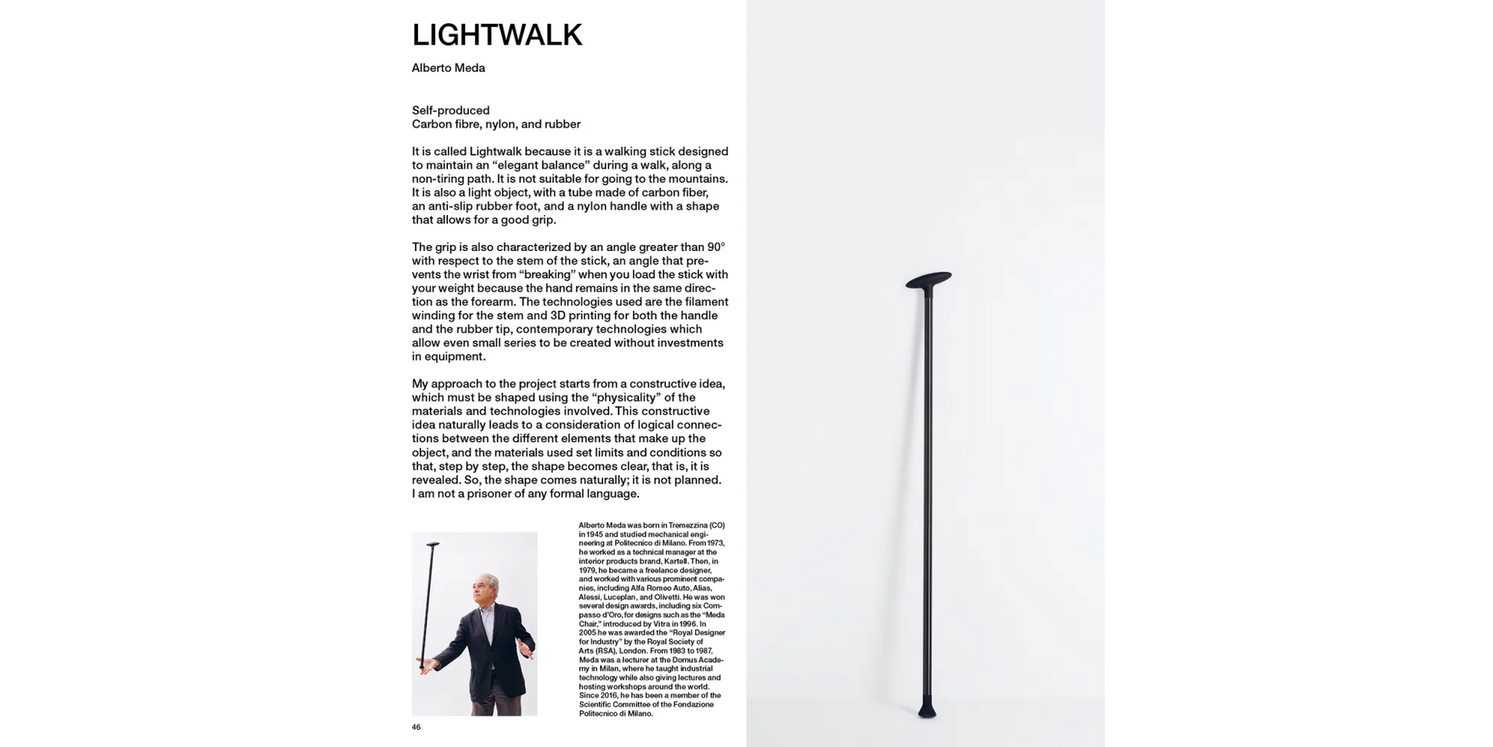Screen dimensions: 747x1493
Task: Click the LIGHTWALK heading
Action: click(x=497, y=35)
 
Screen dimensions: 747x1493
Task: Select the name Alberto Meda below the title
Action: click(x=448, y=68)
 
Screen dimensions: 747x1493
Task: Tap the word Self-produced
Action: click(x=450, y=111)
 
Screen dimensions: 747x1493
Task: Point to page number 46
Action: click(x=417, y=727)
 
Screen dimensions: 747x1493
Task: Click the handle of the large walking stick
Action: click(x=929, y=280)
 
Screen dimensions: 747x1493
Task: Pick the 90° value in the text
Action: click(x=716, y=247)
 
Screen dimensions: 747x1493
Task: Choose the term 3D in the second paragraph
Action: click(x=559, y=316)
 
